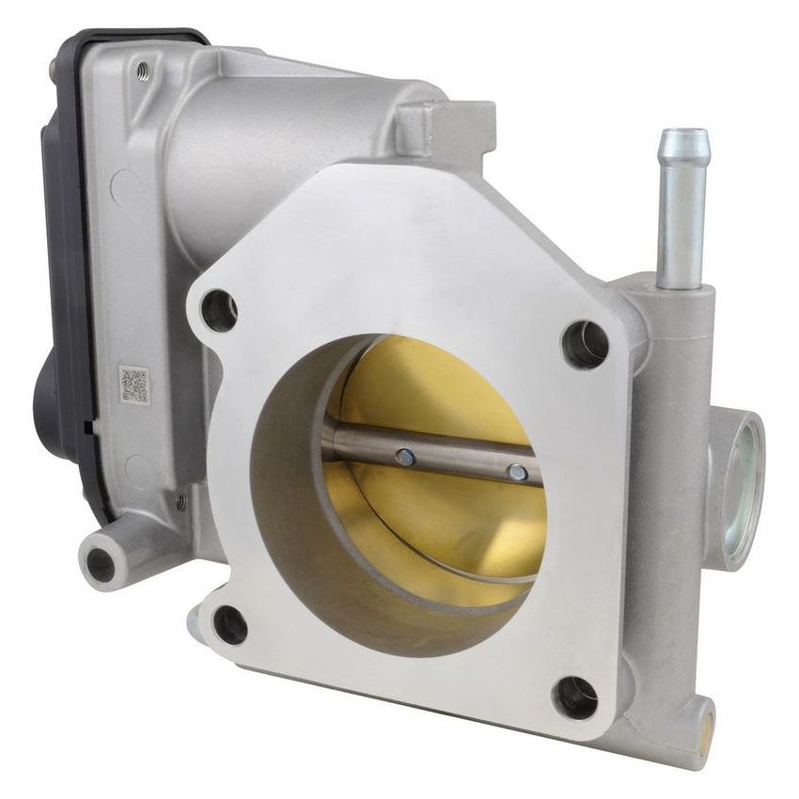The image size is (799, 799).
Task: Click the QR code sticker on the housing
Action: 133,385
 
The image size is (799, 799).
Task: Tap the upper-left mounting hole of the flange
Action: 218,311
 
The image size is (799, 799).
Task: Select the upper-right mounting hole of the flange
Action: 584,344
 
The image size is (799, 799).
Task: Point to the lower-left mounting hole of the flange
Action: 229,624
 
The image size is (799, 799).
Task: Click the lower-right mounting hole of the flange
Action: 575,697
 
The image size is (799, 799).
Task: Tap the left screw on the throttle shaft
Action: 405,457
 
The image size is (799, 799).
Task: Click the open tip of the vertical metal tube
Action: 683,138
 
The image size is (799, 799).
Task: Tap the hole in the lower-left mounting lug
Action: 101,564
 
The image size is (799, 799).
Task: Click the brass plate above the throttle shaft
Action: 442,385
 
